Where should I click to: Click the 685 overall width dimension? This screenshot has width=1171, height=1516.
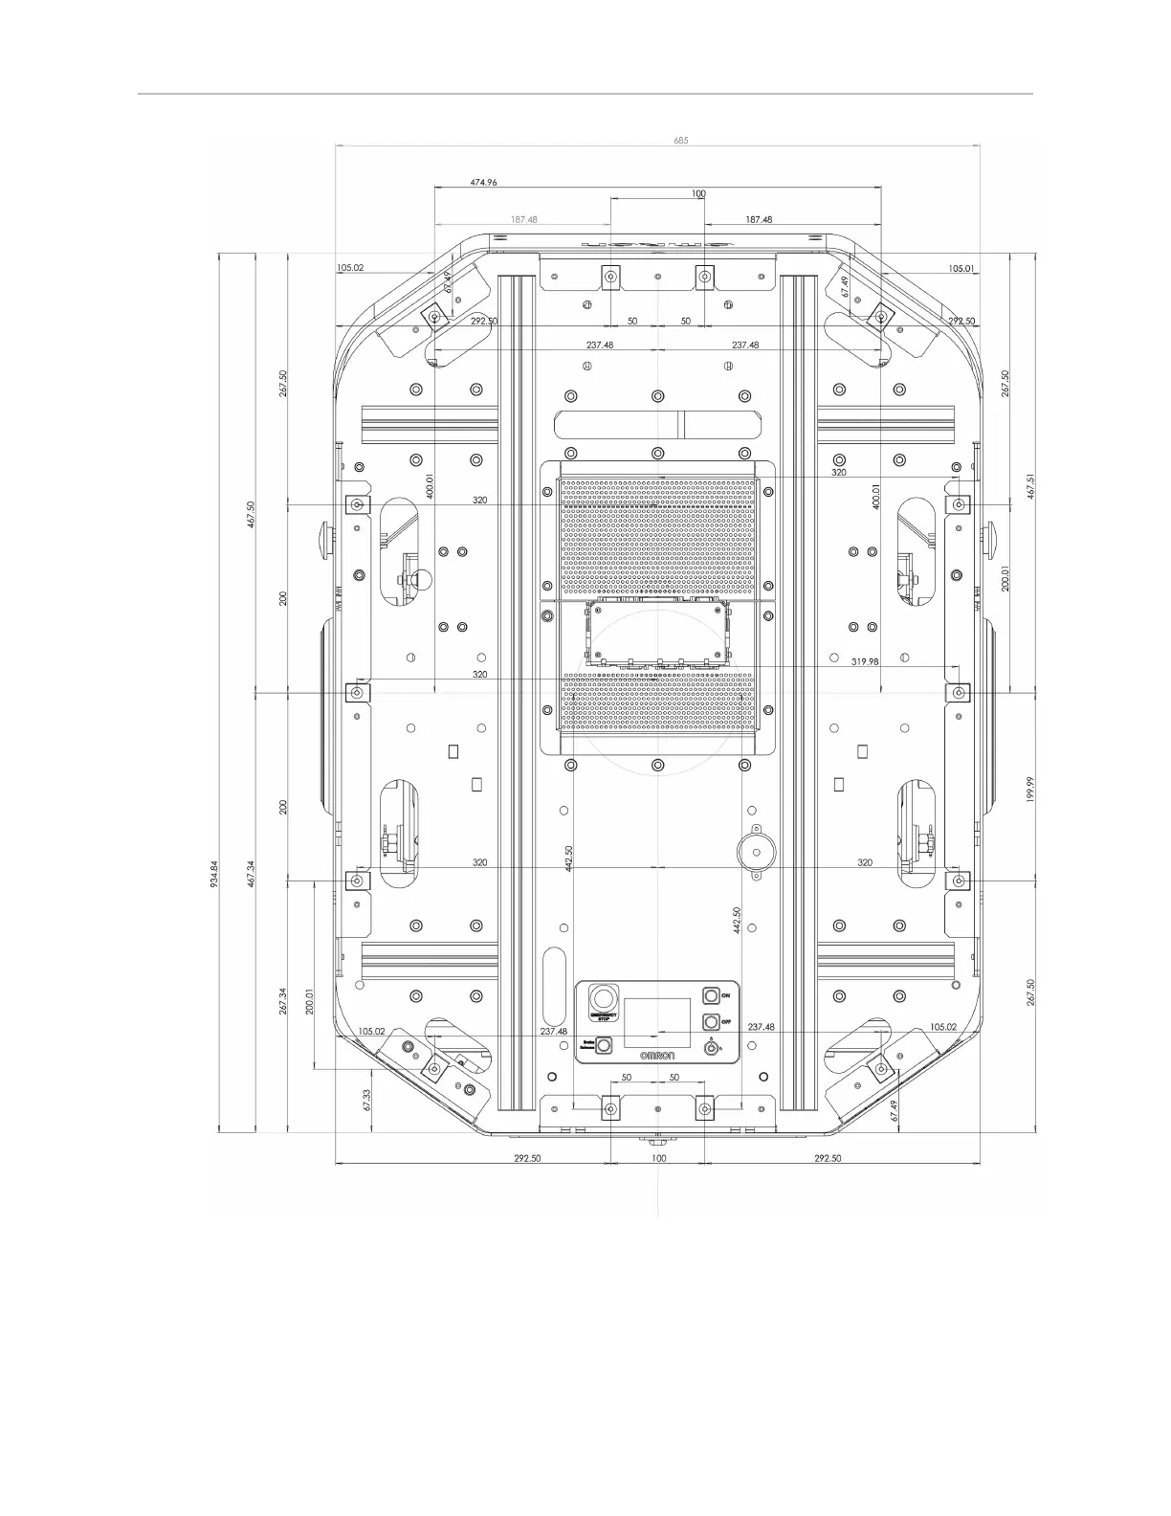tap(680, 140)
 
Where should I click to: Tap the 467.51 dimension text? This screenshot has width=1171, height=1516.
tap(1029, 486)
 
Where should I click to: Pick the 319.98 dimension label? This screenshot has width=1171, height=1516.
tap(865, 661)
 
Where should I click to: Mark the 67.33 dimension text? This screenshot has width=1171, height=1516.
tap(366, 1099)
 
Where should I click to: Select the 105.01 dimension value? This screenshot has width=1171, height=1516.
tap(961, 269)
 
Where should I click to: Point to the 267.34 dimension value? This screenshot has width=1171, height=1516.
tap(284, 1003)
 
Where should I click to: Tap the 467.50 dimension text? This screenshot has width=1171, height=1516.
tap(251, 519)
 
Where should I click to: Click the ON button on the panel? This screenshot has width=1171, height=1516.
tap(711, 995)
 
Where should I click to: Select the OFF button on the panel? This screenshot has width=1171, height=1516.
tap(711, 1021)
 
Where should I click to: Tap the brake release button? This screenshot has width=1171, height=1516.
tap(605, 1046)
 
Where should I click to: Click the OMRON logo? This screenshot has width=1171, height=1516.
tap(658, 1055)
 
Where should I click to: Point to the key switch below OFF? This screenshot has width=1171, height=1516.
tap(711, 1049)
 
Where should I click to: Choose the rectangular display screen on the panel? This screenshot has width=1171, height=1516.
tap(658, 1022)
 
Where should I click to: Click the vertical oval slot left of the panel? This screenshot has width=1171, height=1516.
tap(553, 985)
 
